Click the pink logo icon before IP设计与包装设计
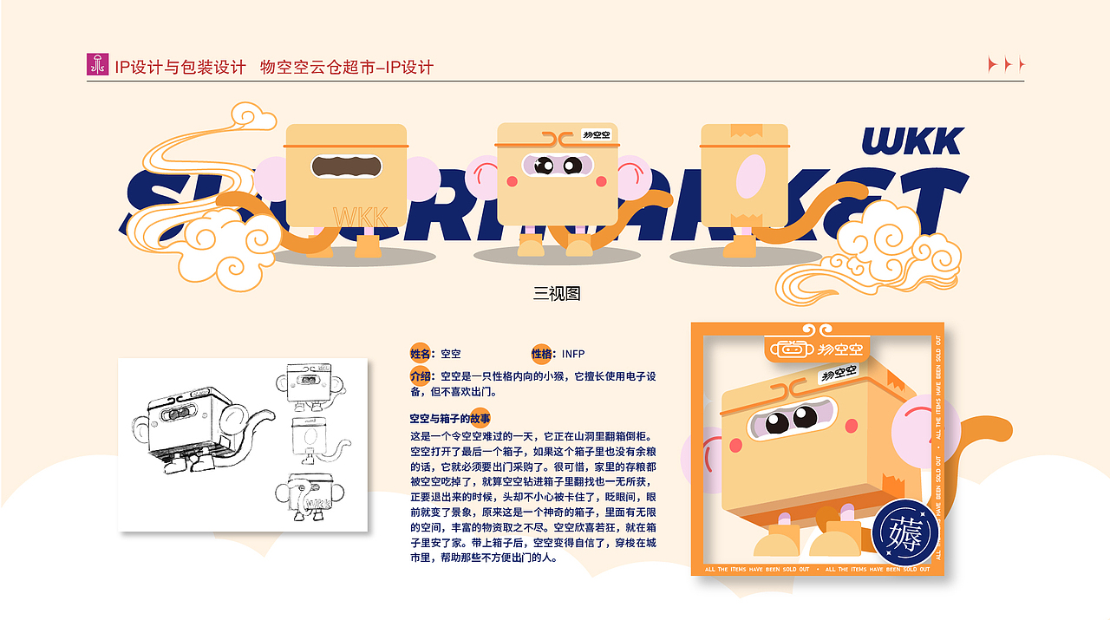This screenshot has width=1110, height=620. pyautogui.click(x=98, y=64)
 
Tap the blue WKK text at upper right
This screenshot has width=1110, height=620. pyautogui.click(x=912, y=141)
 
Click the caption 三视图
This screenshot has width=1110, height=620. pyautogui.click(x=556, y=293)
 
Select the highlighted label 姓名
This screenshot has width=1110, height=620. pyautogui.click(x=421, y=353)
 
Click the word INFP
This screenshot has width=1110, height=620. pyautogui.click(x=573, y=354)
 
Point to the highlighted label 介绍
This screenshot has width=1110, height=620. pyautogui.click(x=421, y=376)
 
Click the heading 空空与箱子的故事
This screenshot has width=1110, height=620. pyautogui.click(x=450, y=418)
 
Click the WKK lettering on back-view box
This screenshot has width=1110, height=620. pyautogui.click(x=360, y=215)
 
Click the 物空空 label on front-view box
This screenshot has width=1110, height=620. pyautogui.click(x=597, y=134)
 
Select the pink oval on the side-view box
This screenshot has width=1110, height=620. pyautogui.click(x=749, y=175)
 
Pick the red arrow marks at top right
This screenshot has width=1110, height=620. pyautogui.click(x=1006, y=64)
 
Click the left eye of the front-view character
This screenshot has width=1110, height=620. pyautogui.click(x=543, y=165)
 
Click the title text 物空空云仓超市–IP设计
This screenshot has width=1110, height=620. pyautogui.click(x=347, y=67)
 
